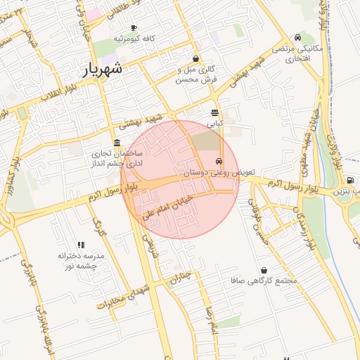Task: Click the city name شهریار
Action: (103, 68)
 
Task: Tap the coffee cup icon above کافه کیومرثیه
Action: (134, 27)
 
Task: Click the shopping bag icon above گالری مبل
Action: (195, 59)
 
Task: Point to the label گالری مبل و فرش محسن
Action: (196, 75)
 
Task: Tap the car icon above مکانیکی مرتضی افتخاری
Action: (298, 38)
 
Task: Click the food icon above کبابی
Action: (214, 112)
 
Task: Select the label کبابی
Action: (214, 123)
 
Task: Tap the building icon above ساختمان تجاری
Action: (117, 142)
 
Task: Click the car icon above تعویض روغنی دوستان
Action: (221, 161)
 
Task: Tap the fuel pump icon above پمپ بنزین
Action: (350, 181)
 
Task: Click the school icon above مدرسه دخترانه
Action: (81, 245)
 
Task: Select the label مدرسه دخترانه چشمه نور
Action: (81, 262)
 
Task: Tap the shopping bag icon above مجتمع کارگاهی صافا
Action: (264, 270)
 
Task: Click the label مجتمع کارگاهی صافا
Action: (264, 281)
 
